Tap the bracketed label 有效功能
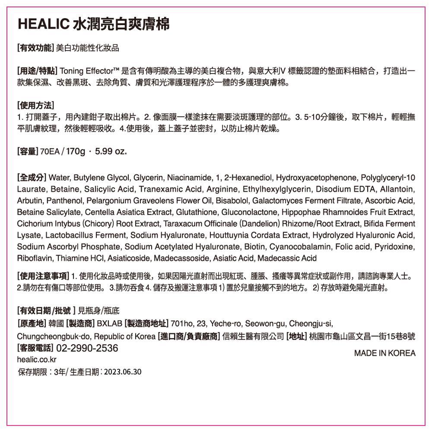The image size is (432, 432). (35, 48)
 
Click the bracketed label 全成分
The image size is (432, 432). (32, 178)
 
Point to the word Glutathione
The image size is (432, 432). (193, 213)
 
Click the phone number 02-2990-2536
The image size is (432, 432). (87, 348)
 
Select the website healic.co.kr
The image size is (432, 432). (37, 359)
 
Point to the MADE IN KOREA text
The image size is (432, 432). (384, 353)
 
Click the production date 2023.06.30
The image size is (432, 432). (123, 372)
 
